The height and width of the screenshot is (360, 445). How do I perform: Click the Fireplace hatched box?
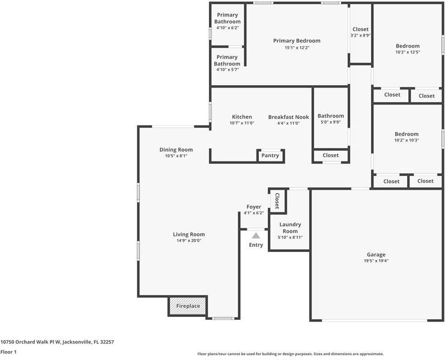point(188,306)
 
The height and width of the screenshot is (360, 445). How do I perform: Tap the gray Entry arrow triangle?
point(256,236)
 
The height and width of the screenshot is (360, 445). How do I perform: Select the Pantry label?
point(270,155)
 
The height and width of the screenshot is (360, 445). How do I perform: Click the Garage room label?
point(376,254)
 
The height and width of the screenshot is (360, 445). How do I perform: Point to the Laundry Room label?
point(290,228)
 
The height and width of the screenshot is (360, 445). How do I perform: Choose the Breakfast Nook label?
point(288,117)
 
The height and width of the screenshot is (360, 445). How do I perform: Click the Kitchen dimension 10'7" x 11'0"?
point(242,123)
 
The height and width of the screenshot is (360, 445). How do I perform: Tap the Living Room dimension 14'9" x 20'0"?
point(189,241)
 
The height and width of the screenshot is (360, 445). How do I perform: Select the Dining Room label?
point(176,149)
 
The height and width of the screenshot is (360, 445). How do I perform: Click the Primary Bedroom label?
point(297,41)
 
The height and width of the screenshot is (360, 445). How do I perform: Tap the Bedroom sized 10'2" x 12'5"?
point(407,46)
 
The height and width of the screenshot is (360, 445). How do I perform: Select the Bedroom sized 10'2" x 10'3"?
point(407,134)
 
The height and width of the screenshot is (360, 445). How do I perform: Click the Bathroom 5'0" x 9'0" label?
point(331,116)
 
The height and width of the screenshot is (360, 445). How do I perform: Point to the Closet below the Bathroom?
point(330,155)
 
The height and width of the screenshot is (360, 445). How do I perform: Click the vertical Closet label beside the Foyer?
point(277,200)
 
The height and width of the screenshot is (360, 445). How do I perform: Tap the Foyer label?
point(253,207)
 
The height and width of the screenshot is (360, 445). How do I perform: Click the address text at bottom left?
point(57,341)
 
